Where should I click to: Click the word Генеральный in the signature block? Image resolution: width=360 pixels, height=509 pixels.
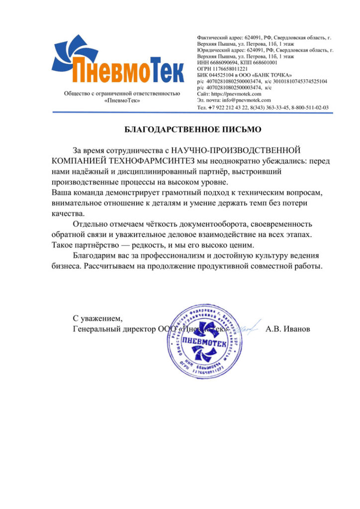click(96, 329)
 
